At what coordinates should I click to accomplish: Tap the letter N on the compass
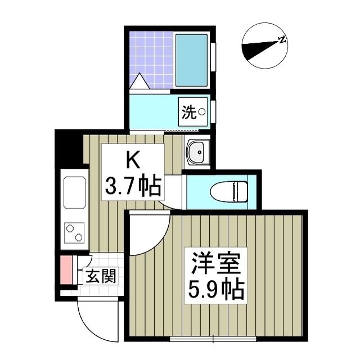coord(282,40)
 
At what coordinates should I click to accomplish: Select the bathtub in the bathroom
coord(192,60)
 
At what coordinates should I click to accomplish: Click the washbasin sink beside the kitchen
coord(197,151)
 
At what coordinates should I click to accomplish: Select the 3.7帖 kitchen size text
coord(133,185)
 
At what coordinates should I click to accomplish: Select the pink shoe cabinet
coord(66,271)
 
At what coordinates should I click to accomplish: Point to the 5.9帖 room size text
coord(216,290)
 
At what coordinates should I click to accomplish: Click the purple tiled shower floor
coord(149,56)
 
